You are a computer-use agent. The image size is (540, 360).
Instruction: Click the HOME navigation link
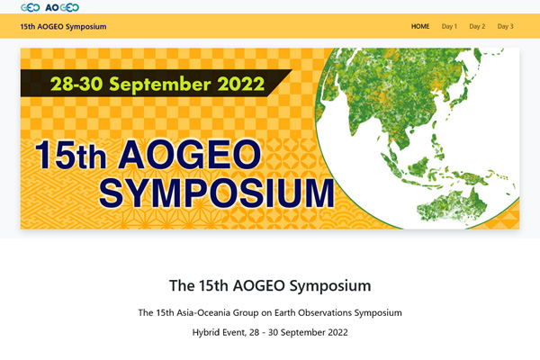tap(420, 26)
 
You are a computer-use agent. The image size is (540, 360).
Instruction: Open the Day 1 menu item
tap(449, 26)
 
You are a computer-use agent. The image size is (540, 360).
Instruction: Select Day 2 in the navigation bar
tap(477, 26)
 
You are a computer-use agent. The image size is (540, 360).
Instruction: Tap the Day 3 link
tap(505, 26)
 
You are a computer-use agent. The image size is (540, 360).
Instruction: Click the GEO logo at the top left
tap(31, 7)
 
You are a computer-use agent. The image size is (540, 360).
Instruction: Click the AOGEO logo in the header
tap(62, 7)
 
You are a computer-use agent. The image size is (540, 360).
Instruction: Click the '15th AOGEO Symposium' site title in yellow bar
tap(63, 26)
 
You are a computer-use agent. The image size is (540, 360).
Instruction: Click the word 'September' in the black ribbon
tap(159, 85)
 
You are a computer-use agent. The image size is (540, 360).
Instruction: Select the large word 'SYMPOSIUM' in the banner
tap(217, 193)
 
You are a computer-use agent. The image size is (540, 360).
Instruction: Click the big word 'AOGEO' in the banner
tap(189, 155)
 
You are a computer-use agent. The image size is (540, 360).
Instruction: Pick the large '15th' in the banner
tap(70, 155)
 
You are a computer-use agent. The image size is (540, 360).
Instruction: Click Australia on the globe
tap(453, 206)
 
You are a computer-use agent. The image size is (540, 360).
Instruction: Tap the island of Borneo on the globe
tap(418, 166)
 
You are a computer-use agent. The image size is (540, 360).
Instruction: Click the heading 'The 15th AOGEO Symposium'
tap(270, 285)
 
